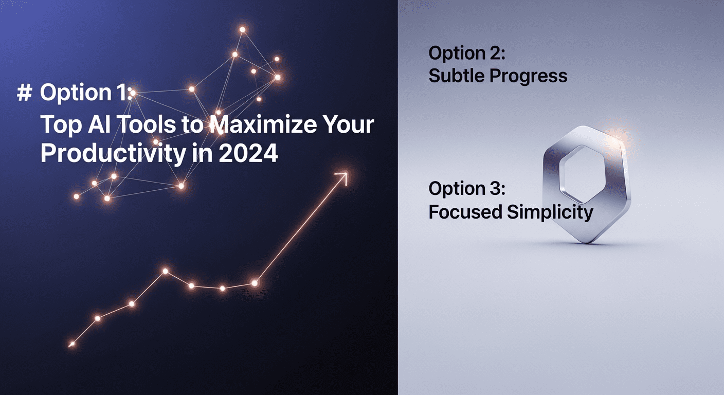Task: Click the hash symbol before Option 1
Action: click(x=25, y=93)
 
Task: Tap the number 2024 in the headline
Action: click(x=248, y=153)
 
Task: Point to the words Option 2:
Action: click(x=467, y=53)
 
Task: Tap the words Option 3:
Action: click(x=467, y=189)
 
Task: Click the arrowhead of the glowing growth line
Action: click(x=342, y=178)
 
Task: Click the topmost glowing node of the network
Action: click(x=242, y=30)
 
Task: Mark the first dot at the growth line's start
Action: click(x=72, y=344)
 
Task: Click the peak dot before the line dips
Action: click(x=165, y=271)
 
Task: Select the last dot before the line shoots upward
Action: click(x=255, y=283)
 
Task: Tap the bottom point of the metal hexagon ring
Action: click(x=586, y=242)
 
